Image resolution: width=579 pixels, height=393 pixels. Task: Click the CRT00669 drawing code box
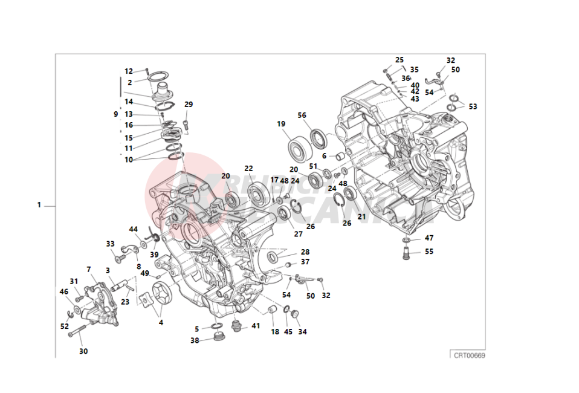(x=469, y=355)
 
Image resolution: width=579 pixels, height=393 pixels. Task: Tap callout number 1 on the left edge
(x=39, y=205)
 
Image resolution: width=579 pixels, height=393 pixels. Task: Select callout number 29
(x=189, y=105)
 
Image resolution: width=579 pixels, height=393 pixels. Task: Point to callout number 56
(x=302, y=115)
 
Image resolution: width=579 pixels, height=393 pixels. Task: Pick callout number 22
(x=248, y=169)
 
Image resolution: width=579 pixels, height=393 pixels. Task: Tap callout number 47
(x=429, y=238)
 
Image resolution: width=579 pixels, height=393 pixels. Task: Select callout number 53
(x=473, y=107)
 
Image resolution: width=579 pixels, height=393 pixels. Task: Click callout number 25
(x=399, y=60)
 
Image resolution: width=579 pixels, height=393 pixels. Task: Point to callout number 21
(x=362, y=216)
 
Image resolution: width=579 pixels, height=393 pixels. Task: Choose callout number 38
(x=195, y=340)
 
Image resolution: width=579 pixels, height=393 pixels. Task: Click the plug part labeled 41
(x=237, y=327)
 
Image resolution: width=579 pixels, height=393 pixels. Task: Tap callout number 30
(x=83, y=351)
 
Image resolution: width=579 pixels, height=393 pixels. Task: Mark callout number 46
(x=63, y=292)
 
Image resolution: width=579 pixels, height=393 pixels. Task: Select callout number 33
(x=110, y=244)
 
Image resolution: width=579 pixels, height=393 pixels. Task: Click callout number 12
(x=129, y=71)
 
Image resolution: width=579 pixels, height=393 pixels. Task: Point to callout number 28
(x=305, y=252)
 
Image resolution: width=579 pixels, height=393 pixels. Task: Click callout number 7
(x=88, y=269)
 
